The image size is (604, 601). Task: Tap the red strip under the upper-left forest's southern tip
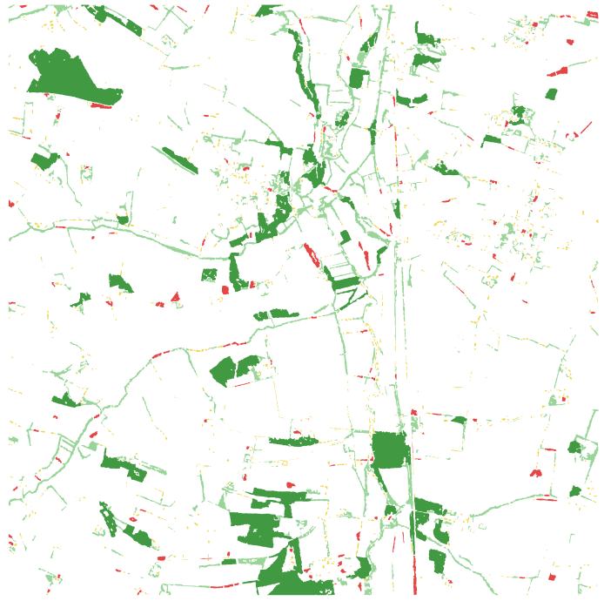tap(102, 106)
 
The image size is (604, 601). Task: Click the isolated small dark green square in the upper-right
tap(551, 94)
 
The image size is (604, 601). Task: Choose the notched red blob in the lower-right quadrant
tap(535, 473)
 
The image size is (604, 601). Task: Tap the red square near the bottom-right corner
tap(552, 577)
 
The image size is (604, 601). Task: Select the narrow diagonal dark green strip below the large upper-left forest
tap(180, 159)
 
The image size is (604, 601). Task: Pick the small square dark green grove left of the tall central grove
tap(209, 275)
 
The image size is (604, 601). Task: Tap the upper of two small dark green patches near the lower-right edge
tap(574, 448)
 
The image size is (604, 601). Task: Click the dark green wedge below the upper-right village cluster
tap(492, 139)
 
